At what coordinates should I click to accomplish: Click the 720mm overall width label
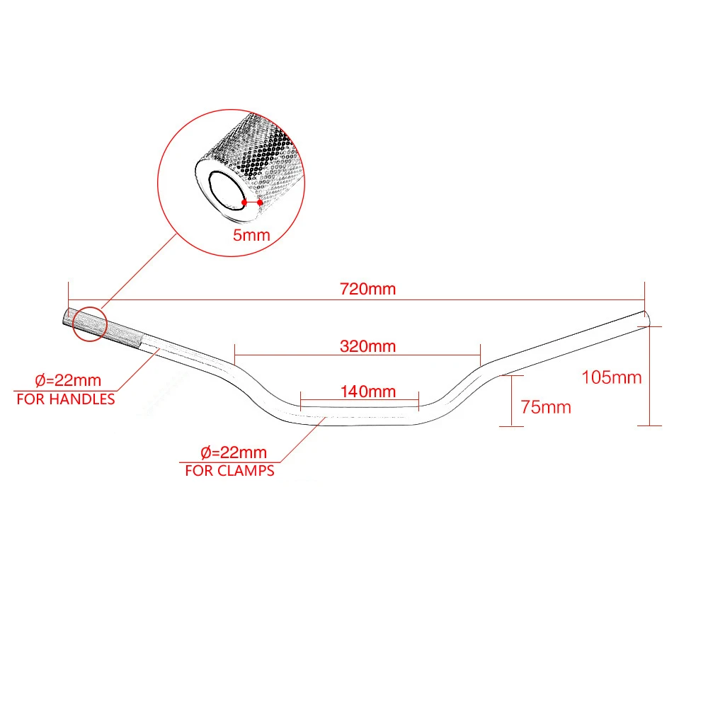pyautogui.click(x=367, y=289)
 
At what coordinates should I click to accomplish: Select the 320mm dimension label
pyautogui.click(x=367, y=346)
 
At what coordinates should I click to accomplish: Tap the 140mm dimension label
pyautogui.click(x=367, y=391)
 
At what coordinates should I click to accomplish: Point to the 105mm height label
pyautogui.click(x=611, y=377)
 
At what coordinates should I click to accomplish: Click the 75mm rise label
pyautogui.click(x=545, y=407)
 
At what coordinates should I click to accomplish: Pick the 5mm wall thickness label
pyautogui.click(x=251, y=235)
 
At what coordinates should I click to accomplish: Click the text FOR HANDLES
pyautogui.click(x=65, y=399)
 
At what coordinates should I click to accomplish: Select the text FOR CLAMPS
pyautogui.click(x=229, y=470)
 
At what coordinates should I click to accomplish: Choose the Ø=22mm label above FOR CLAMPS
pyautogui.click(x=234, y=452)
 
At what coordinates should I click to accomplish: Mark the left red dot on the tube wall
pyautogui.click(x=244, y=202)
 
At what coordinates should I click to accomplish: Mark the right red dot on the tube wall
pyautogui.click(x=261, y=203)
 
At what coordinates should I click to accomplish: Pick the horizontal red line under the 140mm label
pyautogui.click(x=360, y=401)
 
